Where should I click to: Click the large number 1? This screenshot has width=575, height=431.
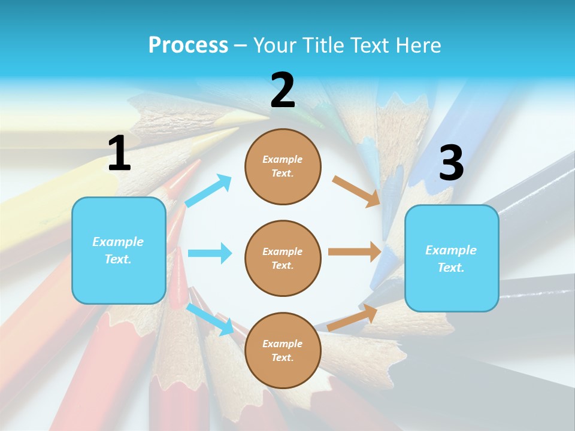(x=119, y=153)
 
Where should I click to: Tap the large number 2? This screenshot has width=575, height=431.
(x=283, y=91)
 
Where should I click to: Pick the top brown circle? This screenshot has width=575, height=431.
(x=283, y=166)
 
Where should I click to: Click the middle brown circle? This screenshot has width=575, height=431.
(x=283, y=258)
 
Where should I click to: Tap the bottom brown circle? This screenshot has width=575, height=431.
(x=283, y=350)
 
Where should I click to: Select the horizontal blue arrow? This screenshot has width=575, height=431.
(x=210, y=253)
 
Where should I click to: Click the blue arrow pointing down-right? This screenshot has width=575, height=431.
(x=210, y=319)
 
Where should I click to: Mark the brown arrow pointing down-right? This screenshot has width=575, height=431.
(x=356, y=192)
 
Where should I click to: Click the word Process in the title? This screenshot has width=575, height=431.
(x=188, y=45)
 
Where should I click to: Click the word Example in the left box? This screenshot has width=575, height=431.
(x=118, y=242)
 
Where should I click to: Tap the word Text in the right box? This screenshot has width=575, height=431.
(x=450, y=268)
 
